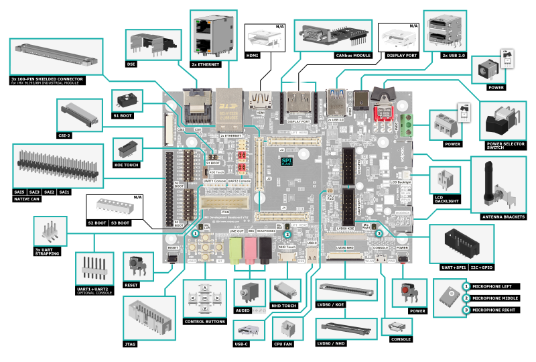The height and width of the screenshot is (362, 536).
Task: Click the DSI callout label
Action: point(131,64)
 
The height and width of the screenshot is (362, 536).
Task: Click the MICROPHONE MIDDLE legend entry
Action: point(498,298)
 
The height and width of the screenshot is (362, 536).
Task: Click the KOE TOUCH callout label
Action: point(127,164)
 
